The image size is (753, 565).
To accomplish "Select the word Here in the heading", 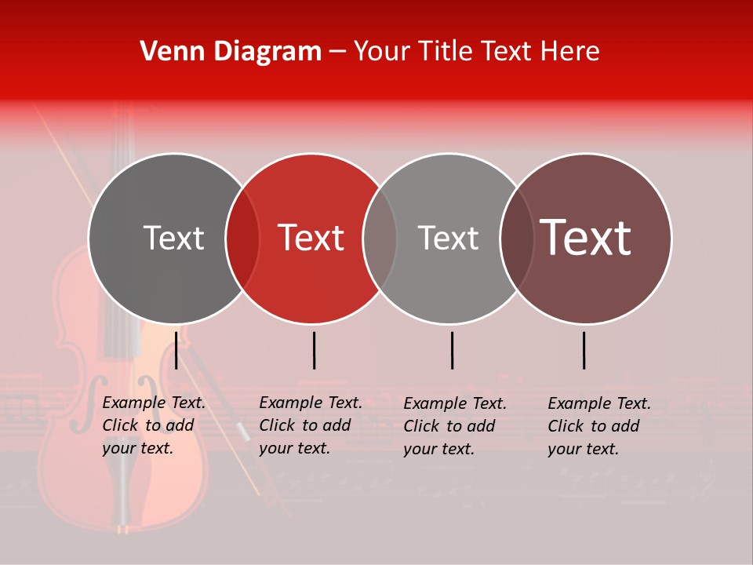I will point(569,52).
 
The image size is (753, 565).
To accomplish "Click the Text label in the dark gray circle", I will point(173,238).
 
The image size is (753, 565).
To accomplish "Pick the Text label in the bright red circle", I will point(311,238).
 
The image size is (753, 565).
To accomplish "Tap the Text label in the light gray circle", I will point(448,238).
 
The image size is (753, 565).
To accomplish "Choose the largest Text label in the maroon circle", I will point(586,237).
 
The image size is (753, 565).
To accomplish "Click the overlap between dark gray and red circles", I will point(242,239).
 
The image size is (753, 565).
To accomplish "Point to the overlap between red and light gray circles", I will point(380,239).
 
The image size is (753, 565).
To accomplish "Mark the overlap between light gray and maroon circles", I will point(517,239).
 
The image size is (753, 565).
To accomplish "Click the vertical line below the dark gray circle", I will point(176,350).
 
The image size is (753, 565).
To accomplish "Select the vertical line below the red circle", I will point(314,350).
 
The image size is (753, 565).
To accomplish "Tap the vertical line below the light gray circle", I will point(452,350).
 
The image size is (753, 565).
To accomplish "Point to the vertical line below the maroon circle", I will point(584,350).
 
